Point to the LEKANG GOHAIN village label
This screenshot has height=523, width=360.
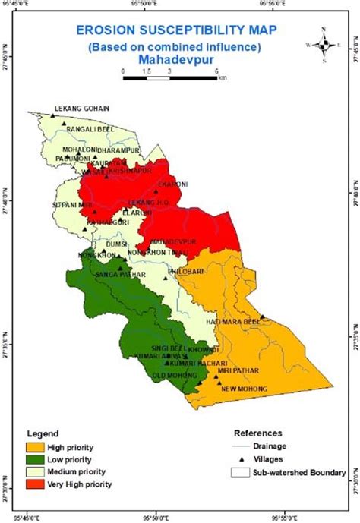click(x=81, y=109)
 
